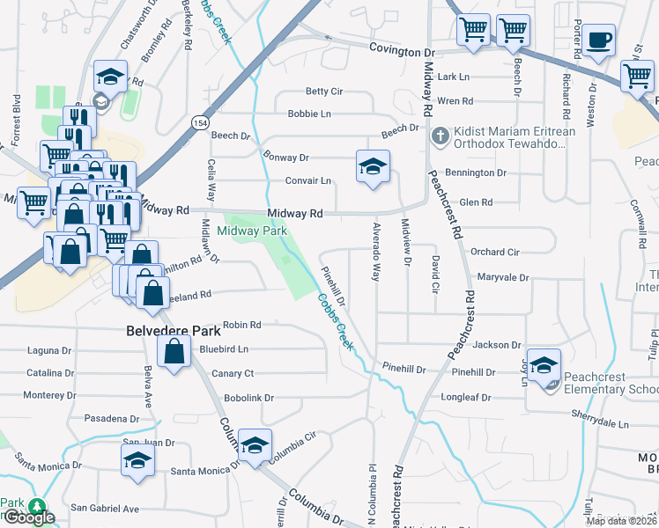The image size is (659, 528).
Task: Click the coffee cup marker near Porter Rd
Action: (x=598, y=41)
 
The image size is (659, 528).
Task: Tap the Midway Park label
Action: (x=252, y=231)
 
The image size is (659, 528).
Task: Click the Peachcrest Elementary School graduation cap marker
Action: (x=544, y=366)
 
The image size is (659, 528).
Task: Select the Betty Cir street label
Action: (x=323, y=92)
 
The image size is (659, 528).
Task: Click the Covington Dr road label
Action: (x=395, y=52)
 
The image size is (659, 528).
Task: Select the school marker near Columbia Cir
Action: (x=255, y=445)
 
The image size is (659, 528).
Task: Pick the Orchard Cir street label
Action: (x=494, y=252)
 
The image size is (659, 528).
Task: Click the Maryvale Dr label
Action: (x=502, y=277)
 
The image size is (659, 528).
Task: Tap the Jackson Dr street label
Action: (x=498, y=346)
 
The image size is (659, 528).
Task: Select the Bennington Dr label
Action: (x=477, y=173)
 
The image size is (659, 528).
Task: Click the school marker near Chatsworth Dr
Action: (x=111, y=77)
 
